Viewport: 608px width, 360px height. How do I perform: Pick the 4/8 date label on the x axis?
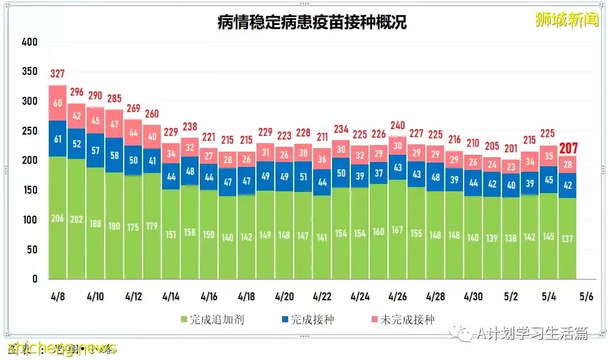(57, 297)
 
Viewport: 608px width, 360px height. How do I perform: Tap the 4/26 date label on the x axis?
(397, 297)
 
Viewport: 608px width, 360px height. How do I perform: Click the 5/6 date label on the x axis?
(586, 297)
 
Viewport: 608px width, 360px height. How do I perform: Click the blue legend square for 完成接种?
(284, 319)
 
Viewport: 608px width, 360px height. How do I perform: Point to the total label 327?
(57, 74)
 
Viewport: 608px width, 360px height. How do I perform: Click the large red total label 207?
(568, 148)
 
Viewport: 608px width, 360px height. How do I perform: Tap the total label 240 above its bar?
(398, 125)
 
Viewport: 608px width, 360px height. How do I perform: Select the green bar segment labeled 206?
(57, 218)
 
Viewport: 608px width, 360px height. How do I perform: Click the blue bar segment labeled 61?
(57, 139)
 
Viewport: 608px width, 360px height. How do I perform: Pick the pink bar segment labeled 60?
(57, 103)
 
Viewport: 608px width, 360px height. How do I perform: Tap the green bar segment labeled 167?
(398, 230)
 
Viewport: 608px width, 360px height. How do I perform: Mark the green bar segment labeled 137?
(568, 238)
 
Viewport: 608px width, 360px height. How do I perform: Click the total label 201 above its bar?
(511, 149)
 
